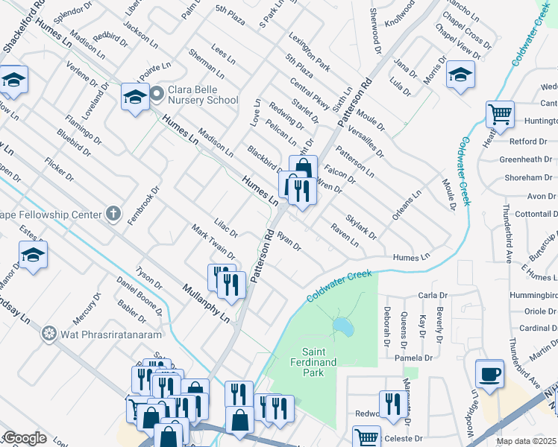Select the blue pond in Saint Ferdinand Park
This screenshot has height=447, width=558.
(343, 326)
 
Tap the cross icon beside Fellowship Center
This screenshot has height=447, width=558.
(113, 215)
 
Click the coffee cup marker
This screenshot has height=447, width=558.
(490, 373)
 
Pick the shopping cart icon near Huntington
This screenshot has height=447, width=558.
(500, 115)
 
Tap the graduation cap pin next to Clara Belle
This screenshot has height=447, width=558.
(135, 97)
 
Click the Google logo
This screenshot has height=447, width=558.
(24, 437)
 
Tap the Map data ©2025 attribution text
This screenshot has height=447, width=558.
(526, 441)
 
